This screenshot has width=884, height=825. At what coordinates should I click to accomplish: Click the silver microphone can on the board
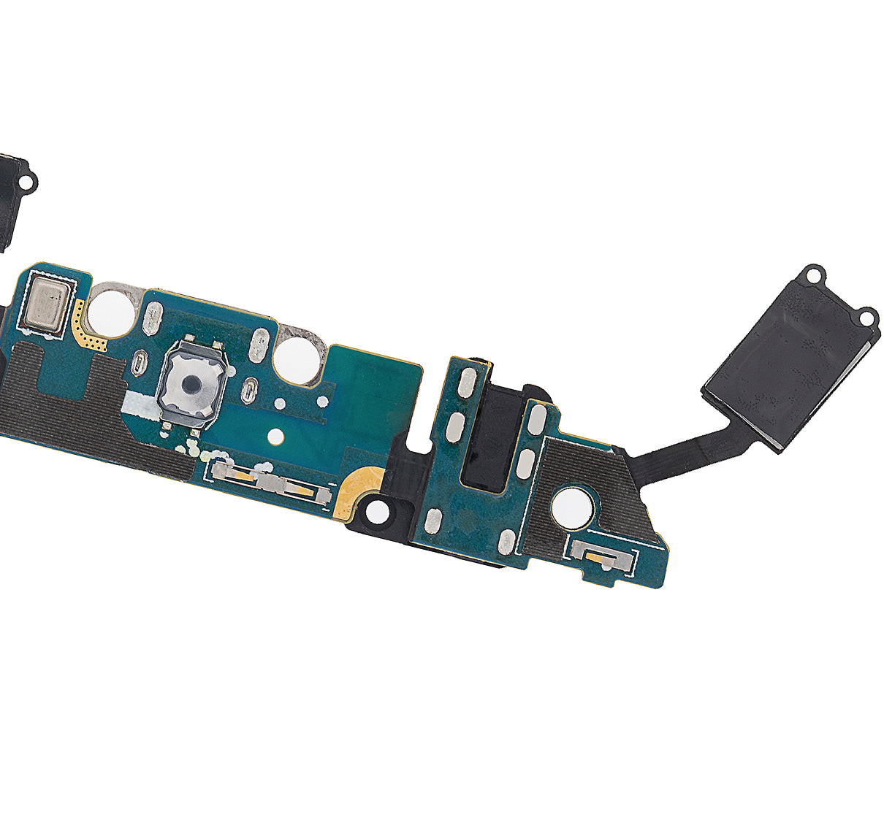(47, 304)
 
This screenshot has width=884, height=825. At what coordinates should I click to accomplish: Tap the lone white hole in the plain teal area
(275, 437)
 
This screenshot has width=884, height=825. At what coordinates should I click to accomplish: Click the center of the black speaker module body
(789, 365)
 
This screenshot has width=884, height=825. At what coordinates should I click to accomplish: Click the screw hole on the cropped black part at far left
(29, 177)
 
